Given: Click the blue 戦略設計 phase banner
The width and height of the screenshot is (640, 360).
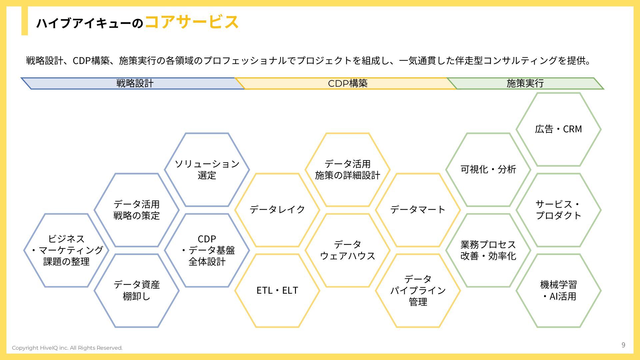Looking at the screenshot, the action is (x=133, y=83).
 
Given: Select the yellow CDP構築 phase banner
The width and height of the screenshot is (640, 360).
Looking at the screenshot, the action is (x=347, y=83).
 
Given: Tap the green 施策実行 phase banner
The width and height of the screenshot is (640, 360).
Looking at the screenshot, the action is (x=525, y=83).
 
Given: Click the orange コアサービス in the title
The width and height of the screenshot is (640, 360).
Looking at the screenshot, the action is (x=192, y=22).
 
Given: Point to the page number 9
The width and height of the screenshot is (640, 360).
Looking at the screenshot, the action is (x=623, y=345).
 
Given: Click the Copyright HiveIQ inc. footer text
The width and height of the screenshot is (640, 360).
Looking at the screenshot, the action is (x=67, y=348).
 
